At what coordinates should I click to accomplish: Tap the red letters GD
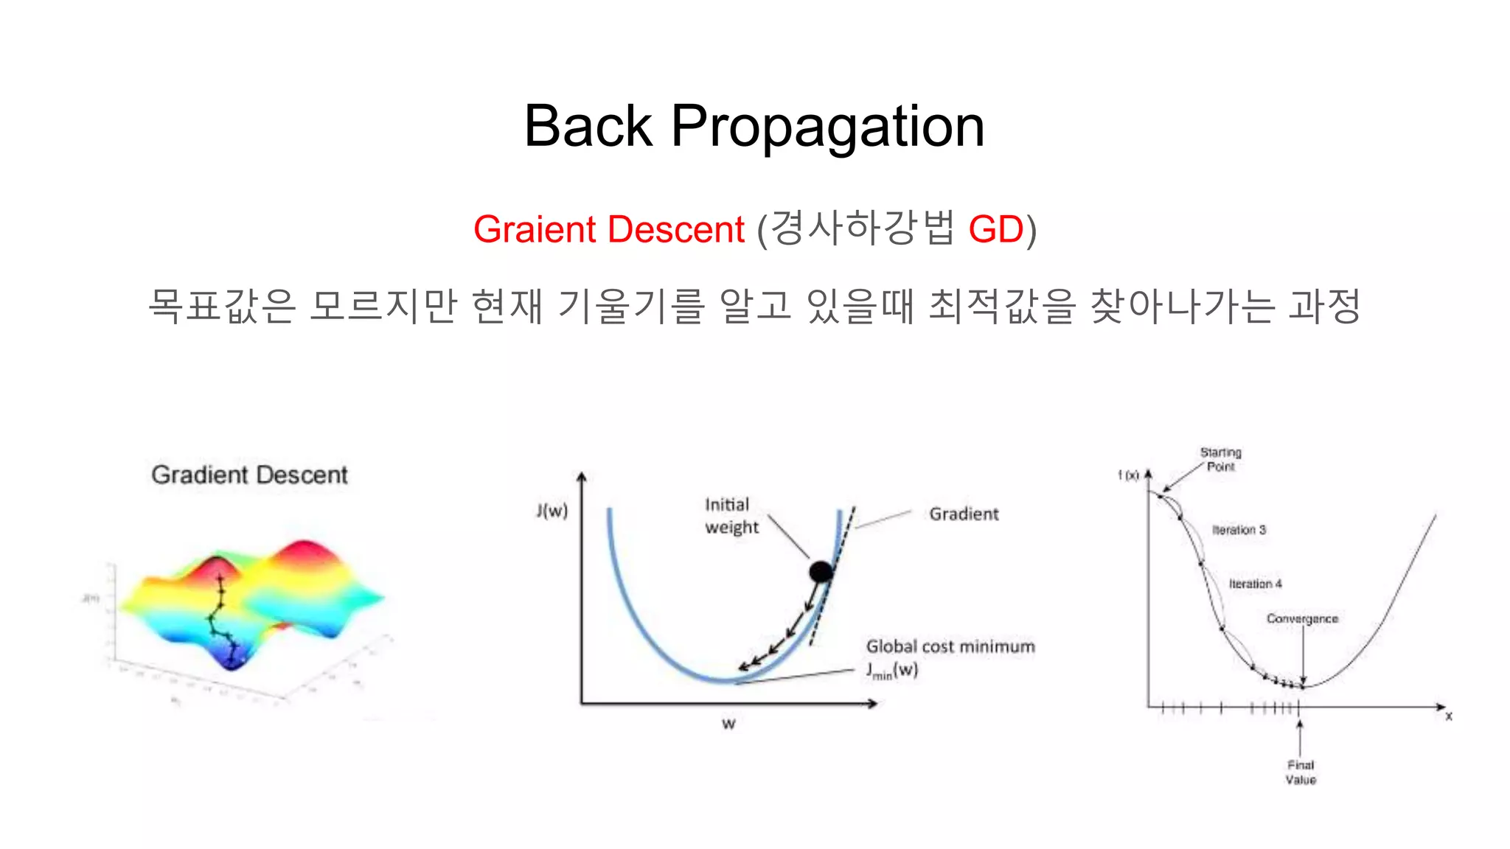coord(995,229)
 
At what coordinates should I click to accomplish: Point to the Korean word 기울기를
coord(631,306)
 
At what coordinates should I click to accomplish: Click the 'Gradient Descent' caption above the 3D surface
coord(249,475)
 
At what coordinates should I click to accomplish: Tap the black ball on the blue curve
coord(821,571)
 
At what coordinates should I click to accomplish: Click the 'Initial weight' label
coord(731,516)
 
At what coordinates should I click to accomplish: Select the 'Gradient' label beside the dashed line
coord(964,514)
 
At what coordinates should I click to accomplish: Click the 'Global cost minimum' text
coord(950,646)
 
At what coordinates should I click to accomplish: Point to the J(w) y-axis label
coord(552,510)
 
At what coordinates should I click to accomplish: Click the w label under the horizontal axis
coord(728,724)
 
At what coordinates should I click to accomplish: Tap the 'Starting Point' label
coord(1220,459)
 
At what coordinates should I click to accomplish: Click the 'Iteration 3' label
coord(1239,530)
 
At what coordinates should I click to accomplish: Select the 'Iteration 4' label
coord(1255,584)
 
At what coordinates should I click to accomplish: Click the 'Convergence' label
coord(1302,618)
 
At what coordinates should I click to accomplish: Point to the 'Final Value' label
coord(1301,772)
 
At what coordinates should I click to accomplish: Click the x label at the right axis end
coord(1449,716)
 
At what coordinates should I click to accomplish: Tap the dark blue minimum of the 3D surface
coord(232,662)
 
